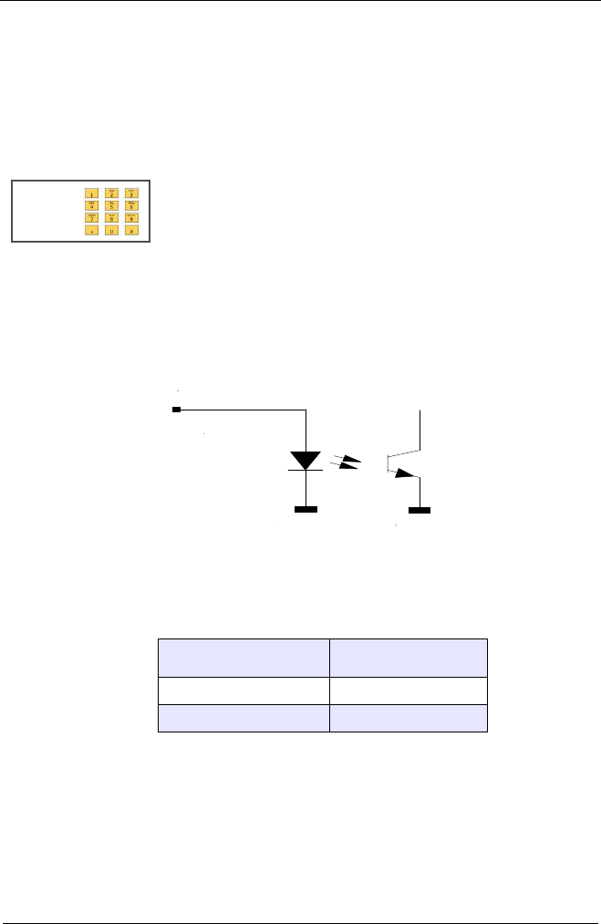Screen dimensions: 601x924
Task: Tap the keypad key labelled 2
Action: (111, 193)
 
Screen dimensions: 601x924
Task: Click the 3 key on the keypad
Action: (131, 193)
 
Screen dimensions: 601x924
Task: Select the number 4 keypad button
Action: (91, 206)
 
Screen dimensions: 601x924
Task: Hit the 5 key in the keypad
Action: (111, 206)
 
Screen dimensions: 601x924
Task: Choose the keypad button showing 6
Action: (131, 206)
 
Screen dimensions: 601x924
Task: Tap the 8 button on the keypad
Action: (111, 219)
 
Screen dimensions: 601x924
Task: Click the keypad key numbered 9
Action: (131, 219)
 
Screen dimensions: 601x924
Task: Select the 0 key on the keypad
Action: (111, 232)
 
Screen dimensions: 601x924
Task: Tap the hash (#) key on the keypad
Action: (131, 232)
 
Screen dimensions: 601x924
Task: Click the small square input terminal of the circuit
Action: (177, 410)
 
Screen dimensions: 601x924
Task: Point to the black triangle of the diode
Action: (306, 459)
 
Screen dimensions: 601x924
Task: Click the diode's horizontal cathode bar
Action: (306, 471)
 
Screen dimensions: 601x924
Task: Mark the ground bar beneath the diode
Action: (306, 509)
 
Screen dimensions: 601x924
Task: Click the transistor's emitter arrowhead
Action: (404, 474)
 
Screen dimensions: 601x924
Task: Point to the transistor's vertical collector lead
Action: (419, 429)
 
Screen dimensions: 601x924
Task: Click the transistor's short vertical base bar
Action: (388, 463)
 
